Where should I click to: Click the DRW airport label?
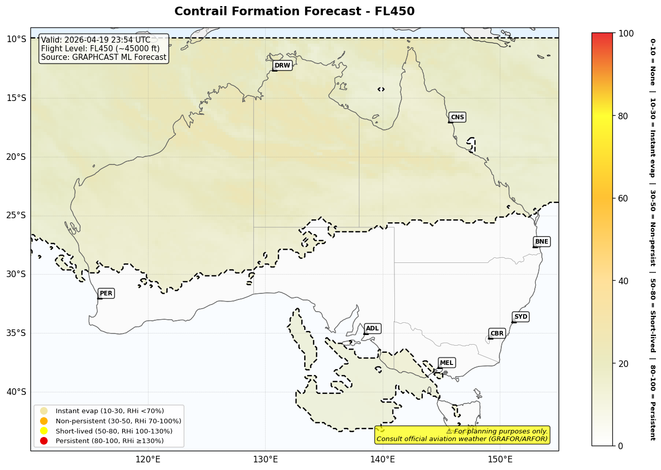point(282,65)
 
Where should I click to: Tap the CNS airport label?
point(457,117)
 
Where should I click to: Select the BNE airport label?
point(541,242)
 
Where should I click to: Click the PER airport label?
point(106,293)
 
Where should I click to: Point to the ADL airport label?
point(372,328)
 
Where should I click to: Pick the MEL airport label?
point(447,363)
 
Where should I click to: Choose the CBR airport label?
point(497,333)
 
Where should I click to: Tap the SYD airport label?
point(521,317)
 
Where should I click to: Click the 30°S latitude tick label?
point(16,274)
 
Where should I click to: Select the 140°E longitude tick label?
point(383,460)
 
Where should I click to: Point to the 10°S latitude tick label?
point(16,39)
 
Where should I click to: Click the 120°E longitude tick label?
point(148,460)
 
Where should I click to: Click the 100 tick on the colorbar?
point(626,33)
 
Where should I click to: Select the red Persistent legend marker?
point(44,441)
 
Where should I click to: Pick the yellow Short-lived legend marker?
point(44,431)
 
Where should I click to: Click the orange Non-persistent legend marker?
point(44,421)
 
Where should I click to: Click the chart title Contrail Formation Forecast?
point(294,11)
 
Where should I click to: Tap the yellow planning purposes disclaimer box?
point(462,435)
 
